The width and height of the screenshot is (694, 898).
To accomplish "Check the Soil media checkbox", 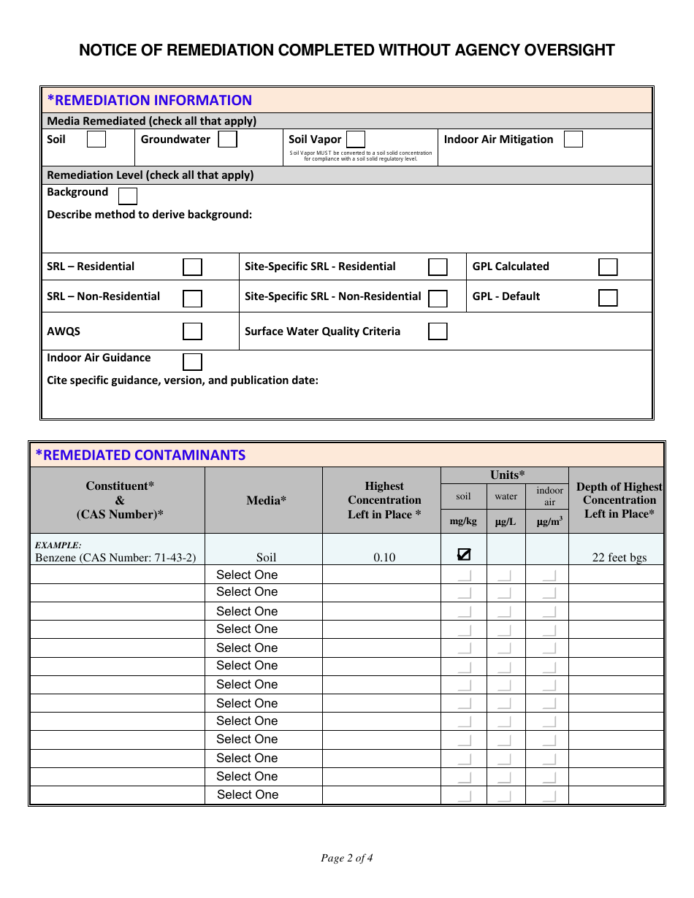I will tap(96, 139).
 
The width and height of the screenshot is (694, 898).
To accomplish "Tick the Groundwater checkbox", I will tap(228, 139).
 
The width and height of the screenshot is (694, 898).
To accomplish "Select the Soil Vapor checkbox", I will tap(356, 139).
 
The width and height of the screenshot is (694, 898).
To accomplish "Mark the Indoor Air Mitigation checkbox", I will tap(573, 139).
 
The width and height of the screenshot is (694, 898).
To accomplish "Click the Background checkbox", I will tap(128, 196).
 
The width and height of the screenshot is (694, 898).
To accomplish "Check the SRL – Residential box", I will tap(192, 266).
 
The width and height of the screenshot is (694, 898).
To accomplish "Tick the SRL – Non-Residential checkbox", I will tap(192, 298).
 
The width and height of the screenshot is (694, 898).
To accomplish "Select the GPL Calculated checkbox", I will tap(608, 266).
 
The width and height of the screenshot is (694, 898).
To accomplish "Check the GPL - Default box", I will tap(608, 297).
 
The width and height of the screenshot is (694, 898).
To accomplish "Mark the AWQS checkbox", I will tap(192, 331).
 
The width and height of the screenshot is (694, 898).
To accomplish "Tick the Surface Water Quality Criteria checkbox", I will tap(438, 331).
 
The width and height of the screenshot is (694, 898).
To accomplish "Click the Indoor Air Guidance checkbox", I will tap(192, 361).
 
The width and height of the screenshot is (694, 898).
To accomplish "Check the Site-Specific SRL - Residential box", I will tap(438, 266).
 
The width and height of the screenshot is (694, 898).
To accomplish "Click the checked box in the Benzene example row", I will tap(464, 554).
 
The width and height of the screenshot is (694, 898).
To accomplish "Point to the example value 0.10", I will tap(384, 558).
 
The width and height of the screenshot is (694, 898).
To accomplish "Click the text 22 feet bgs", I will tap(619, 558).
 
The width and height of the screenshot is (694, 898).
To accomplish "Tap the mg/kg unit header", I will tap(463, 521).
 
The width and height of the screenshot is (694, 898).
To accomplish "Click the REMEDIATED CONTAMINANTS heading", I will tap(140, 455).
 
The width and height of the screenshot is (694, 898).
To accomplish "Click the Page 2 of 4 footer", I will tap(347, 858).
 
